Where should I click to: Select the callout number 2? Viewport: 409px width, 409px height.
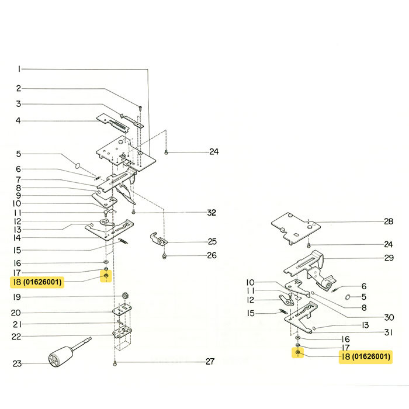pyautogui.click(x=18, y=89)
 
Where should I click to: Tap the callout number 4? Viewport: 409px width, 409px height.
pyautogui.click(x=18, y=121)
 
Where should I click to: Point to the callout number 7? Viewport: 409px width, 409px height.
pyautogui.click(x=18, y=179)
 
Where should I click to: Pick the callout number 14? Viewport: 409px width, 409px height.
pyautogui.click(x=18, y=238)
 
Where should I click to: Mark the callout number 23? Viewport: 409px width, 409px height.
pyautogui.click(x=17, y=364)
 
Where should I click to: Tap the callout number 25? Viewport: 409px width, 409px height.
pyautogui.click(x=212, y=241)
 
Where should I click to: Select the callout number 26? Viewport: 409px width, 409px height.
pyautogui.click(x=212, y=255)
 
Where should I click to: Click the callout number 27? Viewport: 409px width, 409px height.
pyautogui.click(x=210, y=362)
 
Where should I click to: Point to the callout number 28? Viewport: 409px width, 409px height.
pyautogui.click(x=389, y=221)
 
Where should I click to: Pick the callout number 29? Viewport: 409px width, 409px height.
pyautogui.click(x=389, y=258)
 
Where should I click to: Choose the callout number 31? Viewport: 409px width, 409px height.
pyautogui.click(x=389, y=332)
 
